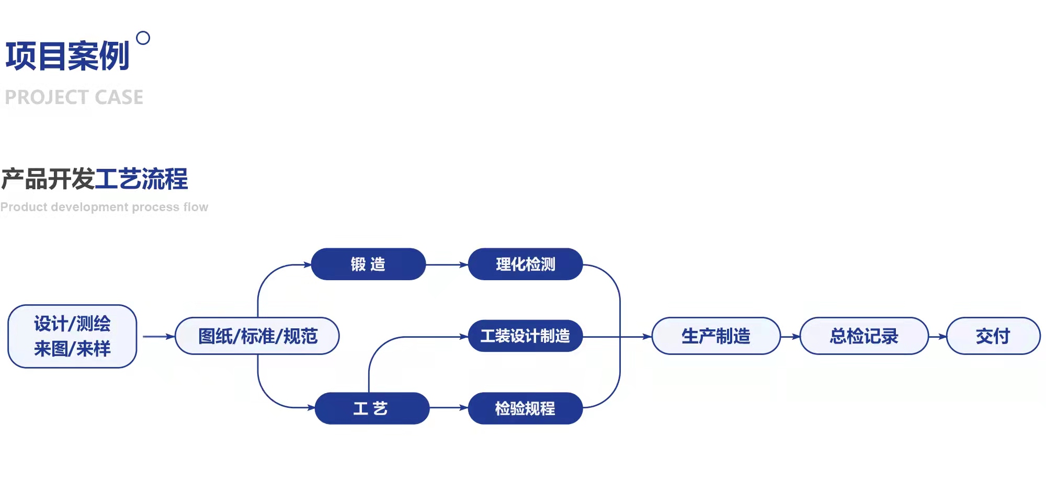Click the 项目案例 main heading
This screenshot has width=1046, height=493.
click(x=67, y=56)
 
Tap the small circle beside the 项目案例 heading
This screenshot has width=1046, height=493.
click(x=143, y=38)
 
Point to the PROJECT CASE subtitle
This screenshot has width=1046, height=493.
click(x=74, y=97)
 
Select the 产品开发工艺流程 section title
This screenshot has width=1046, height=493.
click(x=94, y=179)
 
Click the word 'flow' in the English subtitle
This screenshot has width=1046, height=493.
click(x=196, y=207)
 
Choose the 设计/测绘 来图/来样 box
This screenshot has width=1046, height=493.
click(x=72, y=336)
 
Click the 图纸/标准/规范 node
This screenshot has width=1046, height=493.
click(x=257, y=336)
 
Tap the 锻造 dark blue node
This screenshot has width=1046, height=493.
click(x=368, y=264)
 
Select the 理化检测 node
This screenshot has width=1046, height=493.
click(x=525, y=264)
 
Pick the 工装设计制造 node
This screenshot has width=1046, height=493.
click(x=525, y=336)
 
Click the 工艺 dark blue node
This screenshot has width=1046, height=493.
click(x=371, y=408)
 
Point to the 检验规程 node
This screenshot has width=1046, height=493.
click(x=525, y=408)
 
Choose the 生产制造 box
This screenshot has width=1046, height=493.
click(x=716, y=336)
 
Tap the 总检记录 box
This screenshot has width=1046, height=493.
click(x=864, y=336)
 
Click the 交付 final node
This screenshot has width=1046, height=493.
click(x=993, y=336)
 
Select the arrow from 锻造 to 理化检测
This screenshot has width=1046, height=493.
click(x=447, y=265)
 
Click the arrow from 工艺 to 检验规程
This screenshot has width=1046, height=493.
click(x=449, y=408)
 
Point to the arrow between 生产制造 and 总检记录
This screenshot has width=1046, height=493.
click(x=790, y=337)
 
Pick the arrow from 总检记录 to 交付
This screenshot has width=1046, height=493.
click(x=938, y=337)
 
